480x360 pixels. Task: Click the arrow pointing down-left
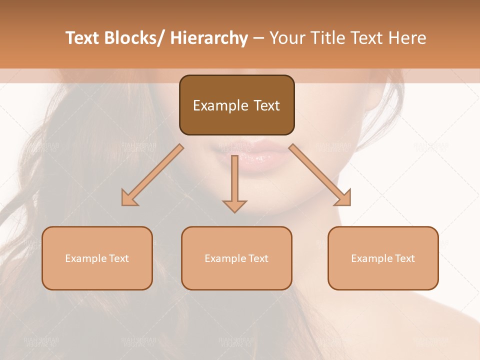[x=152, y=175]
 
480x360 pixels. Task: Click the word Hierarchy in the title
[x=209, y=38]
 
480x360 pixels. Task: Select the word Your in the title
[x=287, y=38]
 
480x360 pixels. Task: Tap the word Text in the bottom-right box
[x=404, y=258]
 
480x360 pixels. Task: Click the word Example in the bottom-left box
[x=86, y=258]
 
